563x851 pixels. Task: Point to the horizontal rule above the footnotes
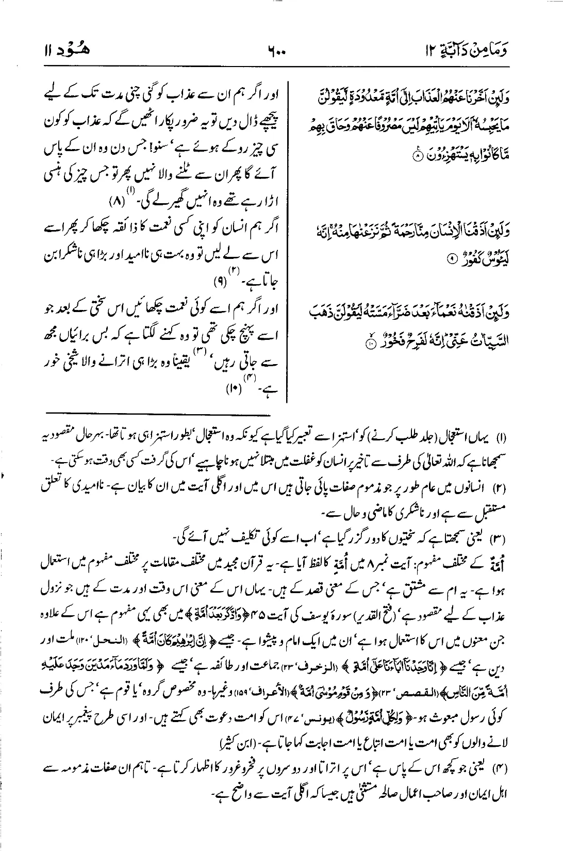point(160,413)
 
